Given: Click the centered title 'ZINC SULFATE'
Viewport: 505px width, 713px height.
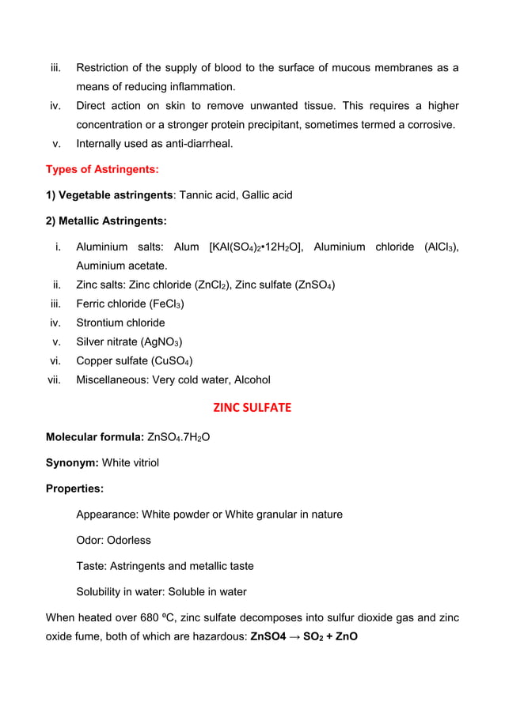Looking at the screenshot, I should pos(252,409).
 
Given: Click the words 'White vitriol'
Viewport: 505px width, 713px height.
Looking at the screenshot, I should pos(127,462).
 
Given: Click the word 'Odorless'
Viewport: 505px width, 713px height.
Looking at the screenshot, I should pos(130,541).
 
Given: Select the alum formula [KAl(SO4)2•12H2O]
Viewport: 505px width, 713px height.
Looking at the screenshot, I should pos(255,247).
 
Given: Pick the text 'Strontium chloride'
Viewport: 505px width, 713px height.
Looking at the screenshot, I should pos(120,323).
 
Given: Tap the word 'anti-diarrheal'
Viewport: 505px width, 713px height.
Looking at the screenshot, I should pos(196,144).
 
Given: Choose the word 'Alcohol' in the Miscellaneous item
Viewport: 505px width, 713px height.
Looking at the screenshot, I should pos(250,379).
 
